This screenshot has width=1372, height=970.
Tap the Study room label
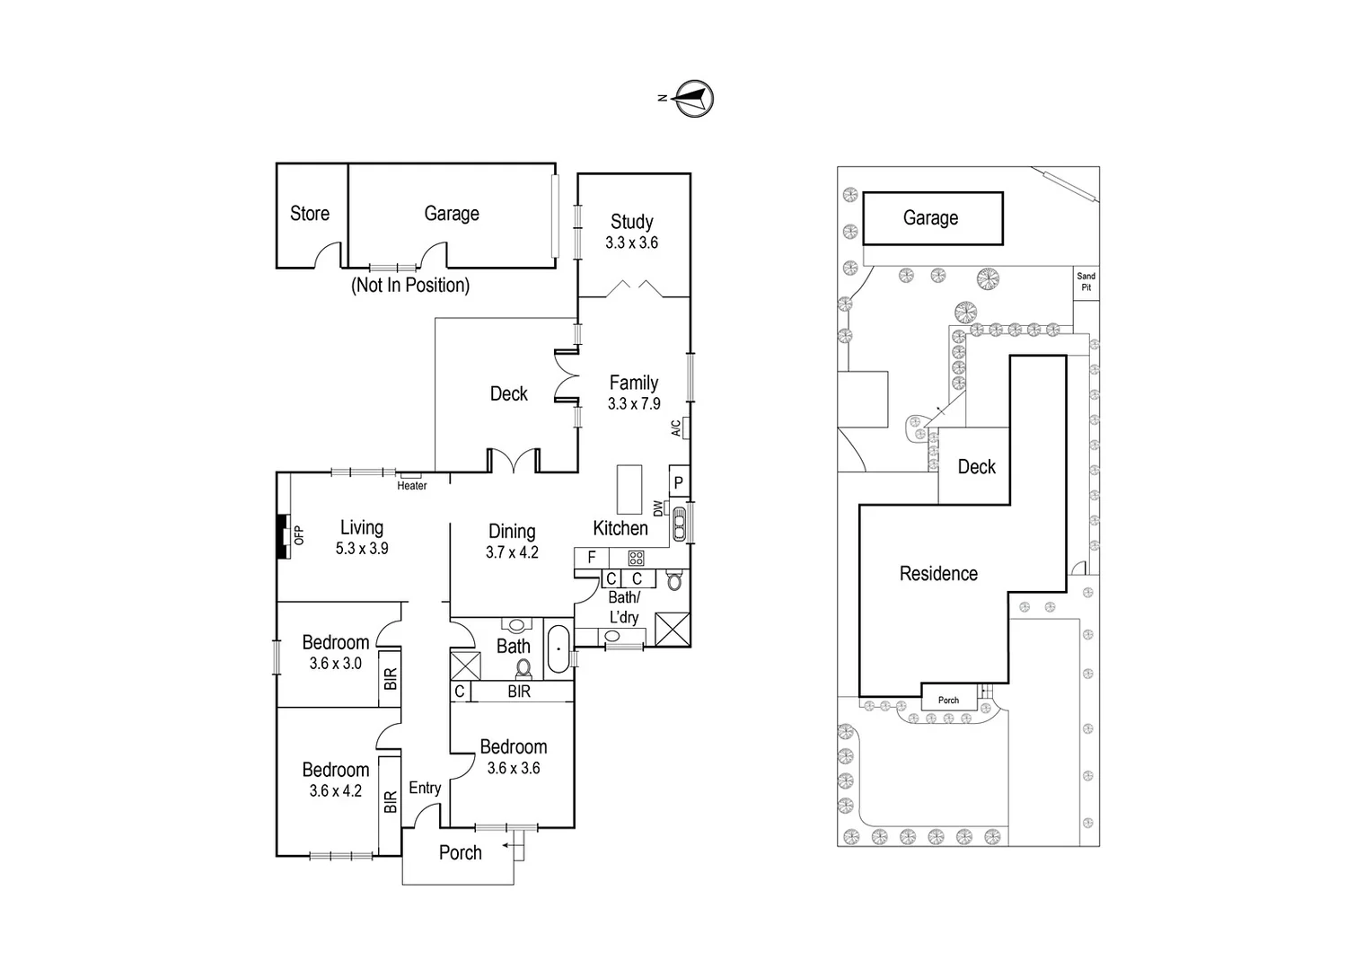pos(631,222)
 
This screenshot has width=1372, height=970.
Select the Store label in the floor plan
pos(309,214)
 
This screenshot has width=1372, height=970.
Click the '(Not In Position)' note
pos(410,286)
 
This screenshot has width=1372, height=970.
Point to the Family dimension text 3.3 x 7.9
pos(634,404)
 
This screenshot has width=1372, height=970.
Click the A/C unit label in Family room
pos(676,428)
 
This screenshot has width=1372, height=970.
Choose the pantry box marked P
pos(679,483)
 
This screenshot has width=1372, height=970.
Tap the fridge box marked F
pos(592,558)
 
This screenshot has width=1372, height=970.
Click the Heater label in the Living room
pos(412,486)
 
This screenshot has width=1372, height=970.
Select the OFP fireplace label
pos(300,535)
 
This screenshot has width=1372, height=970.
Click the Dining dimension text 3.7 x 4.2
pos(512,553)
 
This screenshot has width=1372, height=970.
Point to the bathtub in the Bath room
pos(558,648)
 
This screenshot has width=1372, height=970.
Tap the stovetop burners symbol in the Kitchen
pos(636,558)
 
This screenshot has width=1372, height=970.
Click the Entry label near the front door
pos(425,789)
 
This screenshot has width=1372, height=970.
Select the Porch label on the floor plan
pos(460,853)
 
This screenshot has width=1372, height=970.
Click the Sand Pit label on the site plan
pos(1086,282)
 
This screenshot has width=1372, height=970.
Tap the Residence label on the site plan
pos(938,574)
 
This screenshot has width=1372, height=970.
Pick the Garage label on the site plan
pos(930,218)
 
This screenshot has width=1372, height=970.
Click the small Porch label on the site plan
pos(948,701)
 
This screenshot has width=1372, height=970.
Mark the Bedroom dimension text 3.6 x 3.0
pos(335,664)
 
